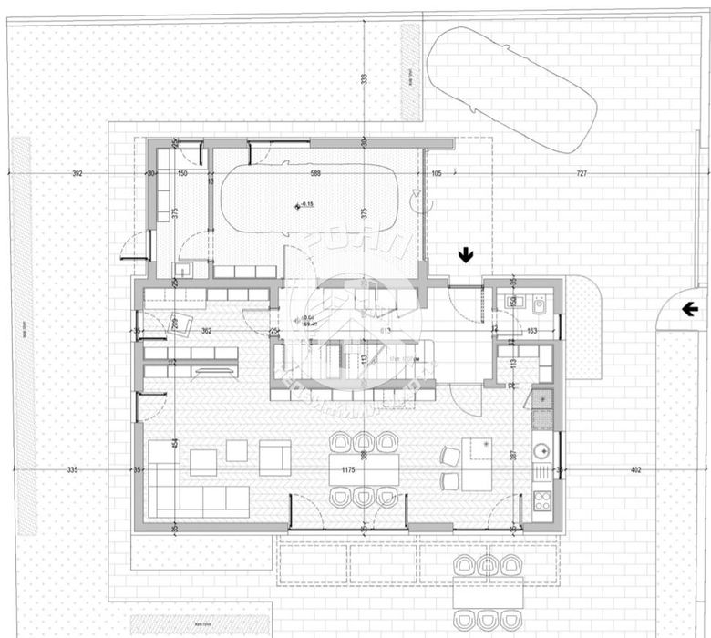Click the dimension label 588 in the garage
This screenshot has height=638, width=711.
[316, 172]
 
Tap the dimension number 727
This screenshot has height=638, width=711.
[580, 172]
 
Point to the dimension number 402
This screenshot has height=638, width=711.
[635, 470]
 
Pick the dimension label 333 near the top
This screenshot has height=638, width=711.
[364, 80]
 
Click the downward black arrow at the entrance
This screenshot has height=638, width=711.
[465, 255]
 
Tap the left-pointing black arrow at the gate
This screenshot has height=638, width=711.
[690, 310]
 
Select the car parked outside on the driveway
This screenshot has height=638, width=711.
[511, 88]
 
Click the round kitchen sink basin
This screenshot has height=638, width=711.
[540, 449]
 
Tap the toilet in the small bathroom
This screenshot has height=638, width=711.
[539, 304]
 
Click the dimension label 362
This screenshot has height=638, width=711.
[207, 332]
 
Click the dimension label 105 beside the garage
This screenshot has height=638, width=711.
[436, 172]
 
